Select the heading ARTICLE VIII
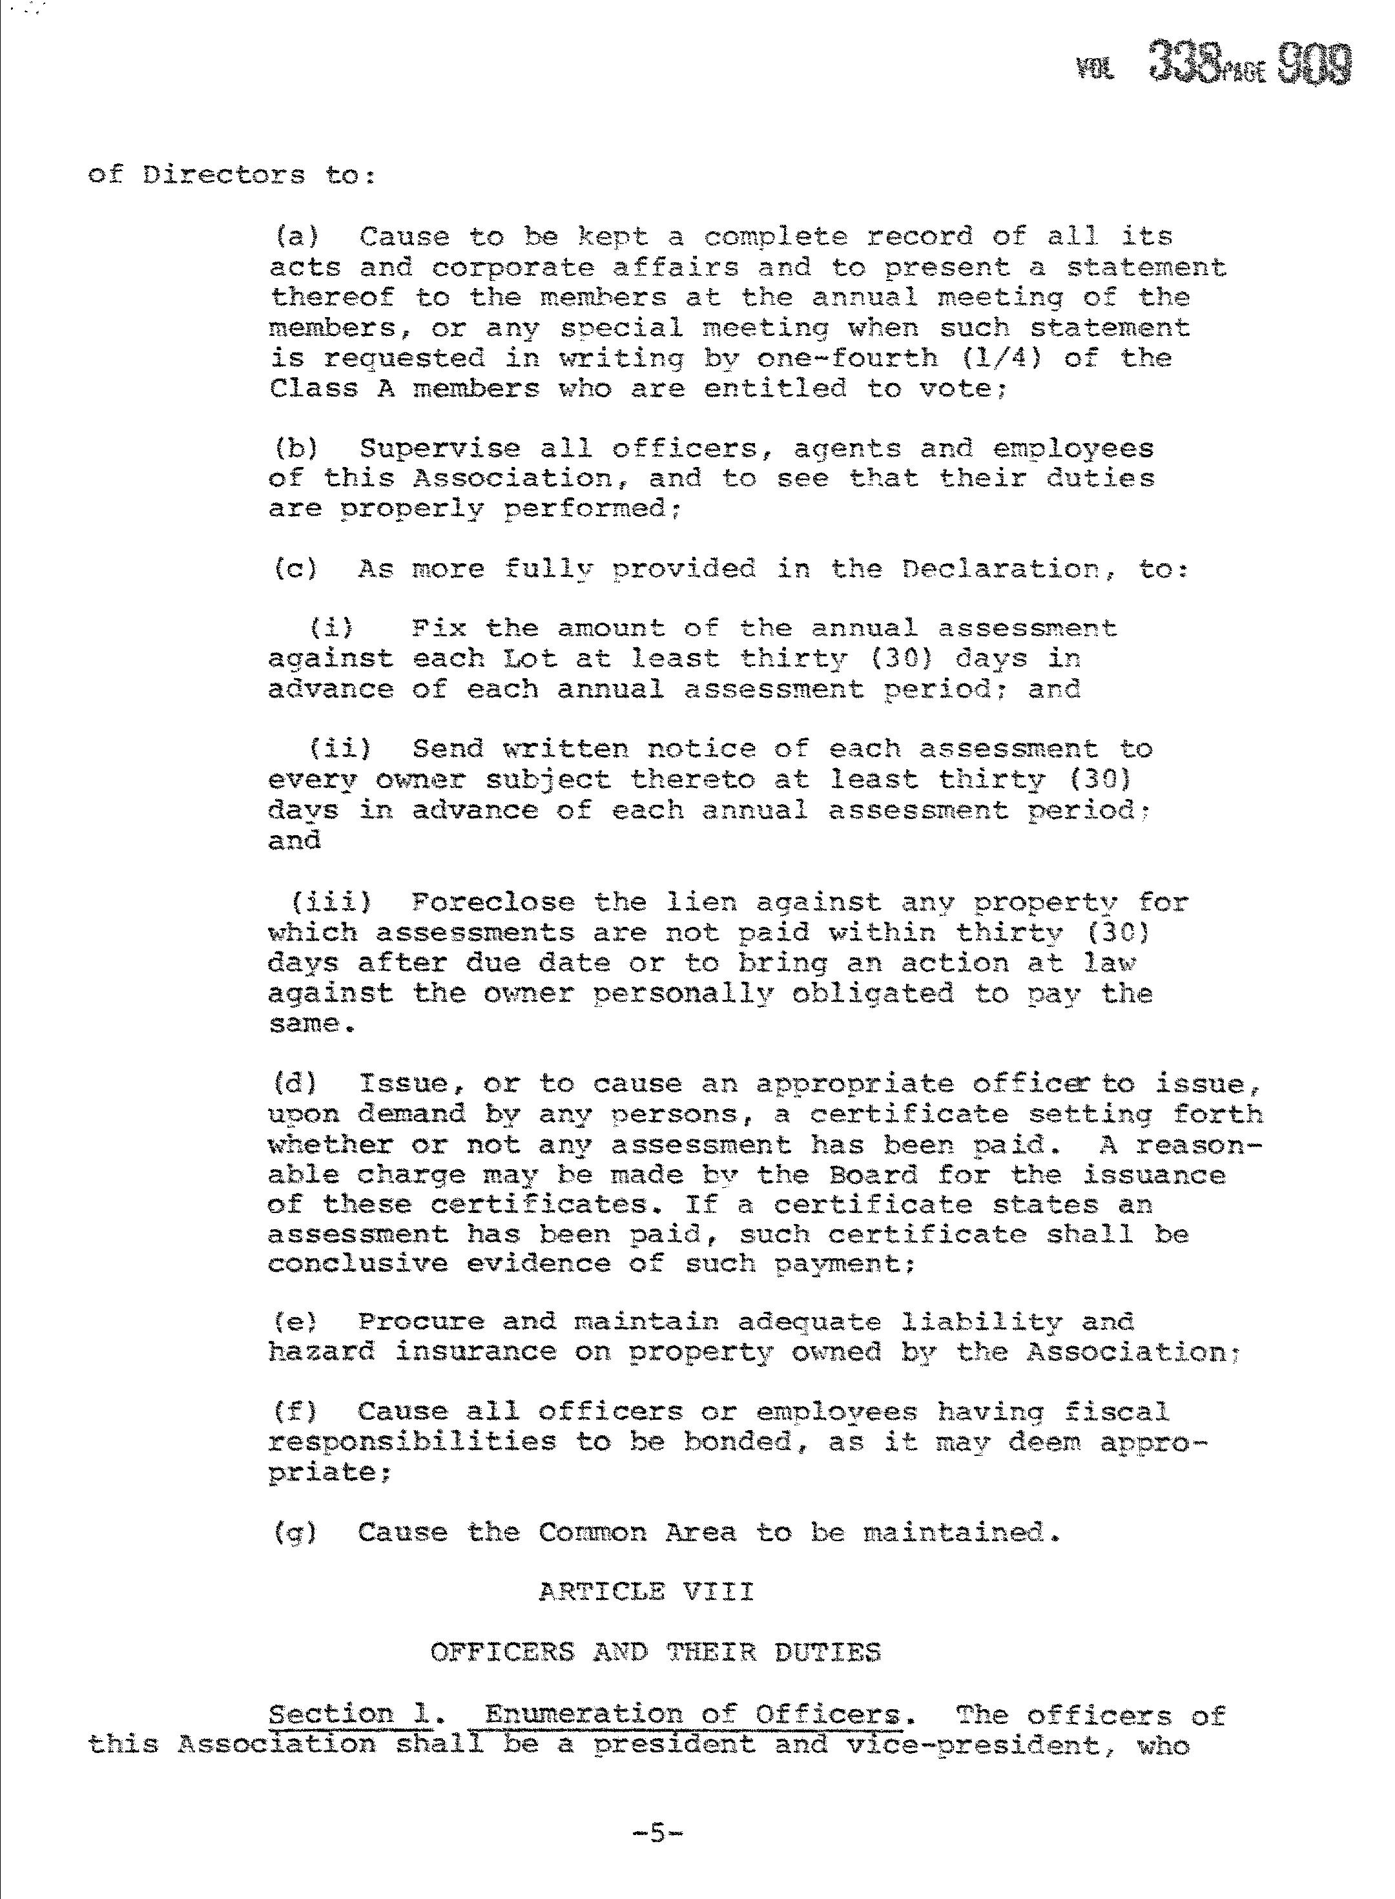646,1592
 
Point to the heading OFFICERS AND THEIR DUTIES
656,1652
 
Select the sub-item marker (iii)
331,902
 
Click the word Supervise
439,448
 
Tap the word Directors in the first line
223,176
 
